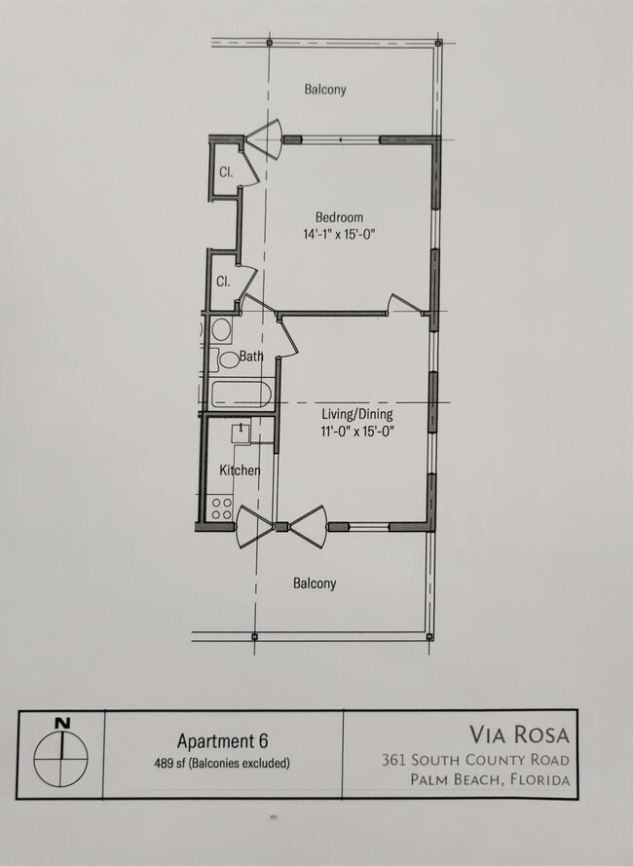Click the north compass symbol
click(x=62, y=756)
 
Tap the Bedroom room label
click(x=339, y=216)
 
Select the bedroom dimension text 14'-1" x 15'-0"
click(x=339, y=234)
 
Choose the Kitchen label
click(x=240, y=471)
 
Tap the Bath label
click(x=251, y=357)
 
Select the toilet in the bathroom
click(x=229, y=358)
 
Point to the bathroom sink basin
click(x=220, y=329)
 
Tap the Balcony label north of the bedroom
click(x=324, y=90)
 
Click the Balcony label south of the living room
click(x=315, y=584)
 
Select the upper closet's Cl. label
click(x=225, y=172)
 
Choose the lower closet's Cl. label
click(x=223, y=282)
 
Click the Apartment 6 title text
click(x=221, y=740)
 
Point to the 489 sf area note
click(x=221, y=763)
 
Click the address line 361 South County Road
click(x=475, y=760)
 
